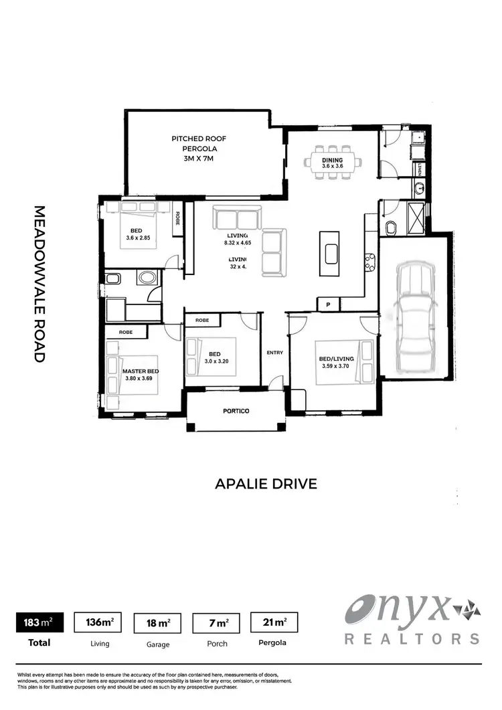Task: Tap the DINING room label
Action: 333,160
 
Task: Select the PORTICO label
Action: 236,411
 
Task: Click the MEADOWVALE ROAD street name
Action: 39,284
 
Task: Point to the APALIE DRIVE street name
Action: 266,483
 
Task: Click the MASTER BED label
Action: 139,371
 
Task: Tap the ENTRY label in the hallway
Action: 274,353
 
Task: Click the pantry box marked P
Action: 328,305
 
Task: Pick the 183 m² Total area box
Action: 39,623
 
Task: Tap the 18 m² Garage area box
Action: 158,623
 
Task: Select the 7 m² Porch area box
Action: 216,623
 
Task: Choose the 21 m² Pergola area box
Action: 273,623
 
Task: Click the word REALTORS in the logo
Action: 412,638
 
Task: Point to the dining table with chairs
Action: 333,161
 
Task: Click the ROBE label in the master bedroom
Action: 125,332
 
